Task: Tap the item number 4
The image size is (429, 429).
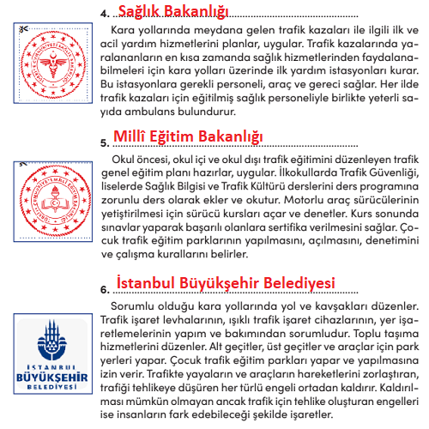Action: click(x=105, y=14)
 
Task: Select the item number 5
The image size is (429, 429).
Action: click(x=105, y=142)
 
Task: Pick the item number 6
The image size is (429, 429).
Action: click(x=105, y=288)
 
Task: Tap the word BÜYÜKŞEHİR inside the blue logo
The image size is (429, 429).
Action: click(x=44, y=375)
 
